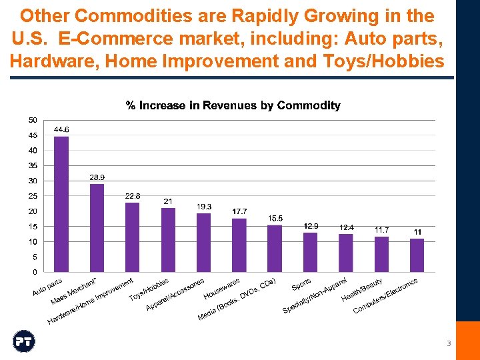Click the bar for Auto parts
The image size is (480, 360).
[x=61, y=204]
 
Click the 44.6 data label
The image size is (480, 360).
[x=61, y=129]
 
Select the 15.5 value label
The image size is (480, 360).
[x=275, y=218]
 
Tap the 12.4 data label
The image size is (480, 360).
[x=346, y=227]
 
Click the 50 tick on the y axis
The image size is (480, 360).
[x=33, y=120]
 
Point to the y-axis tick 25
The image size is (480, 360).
[x=33, y=196]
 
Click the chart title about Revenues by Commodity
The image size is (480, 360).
[x=233, y=105]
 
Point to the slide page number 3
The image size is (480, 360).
[x=449, y=343]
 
